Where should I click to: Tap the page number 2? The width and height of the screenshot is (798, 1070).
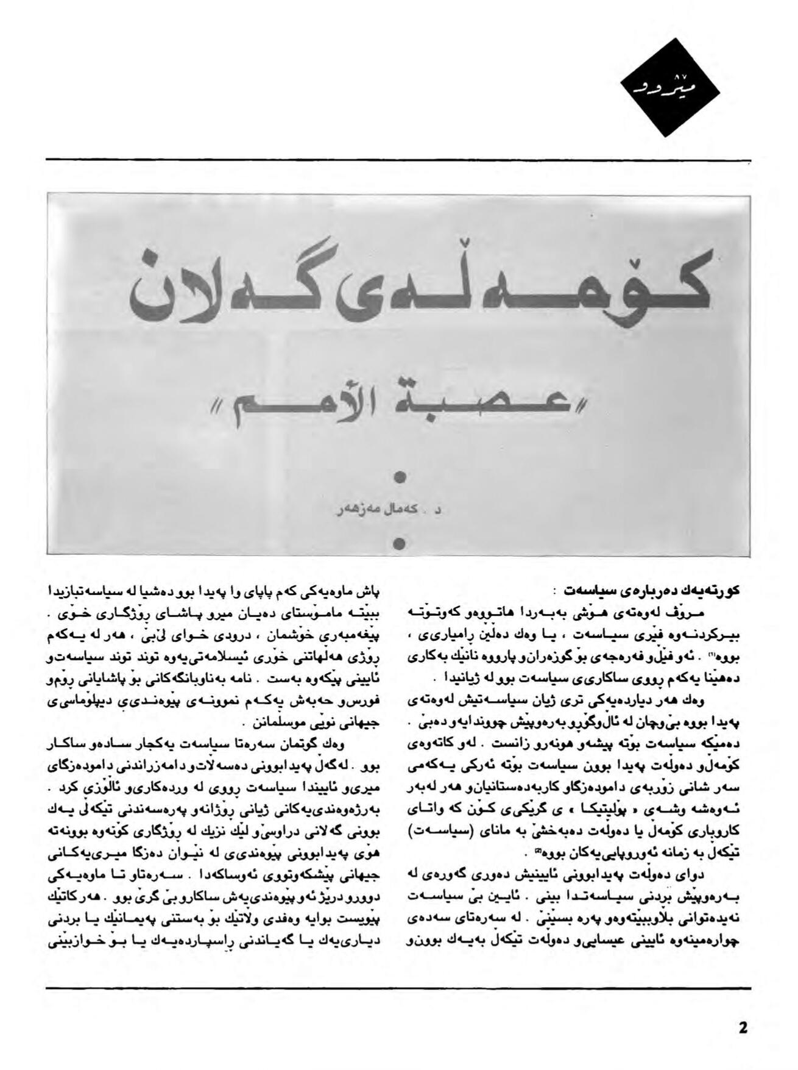coord(743,1027)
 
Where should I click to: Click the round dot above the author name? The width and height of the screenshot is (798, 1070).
coord(400,477)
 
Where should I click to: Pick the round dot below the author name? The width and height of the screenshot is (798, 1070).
coord(400,543)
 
